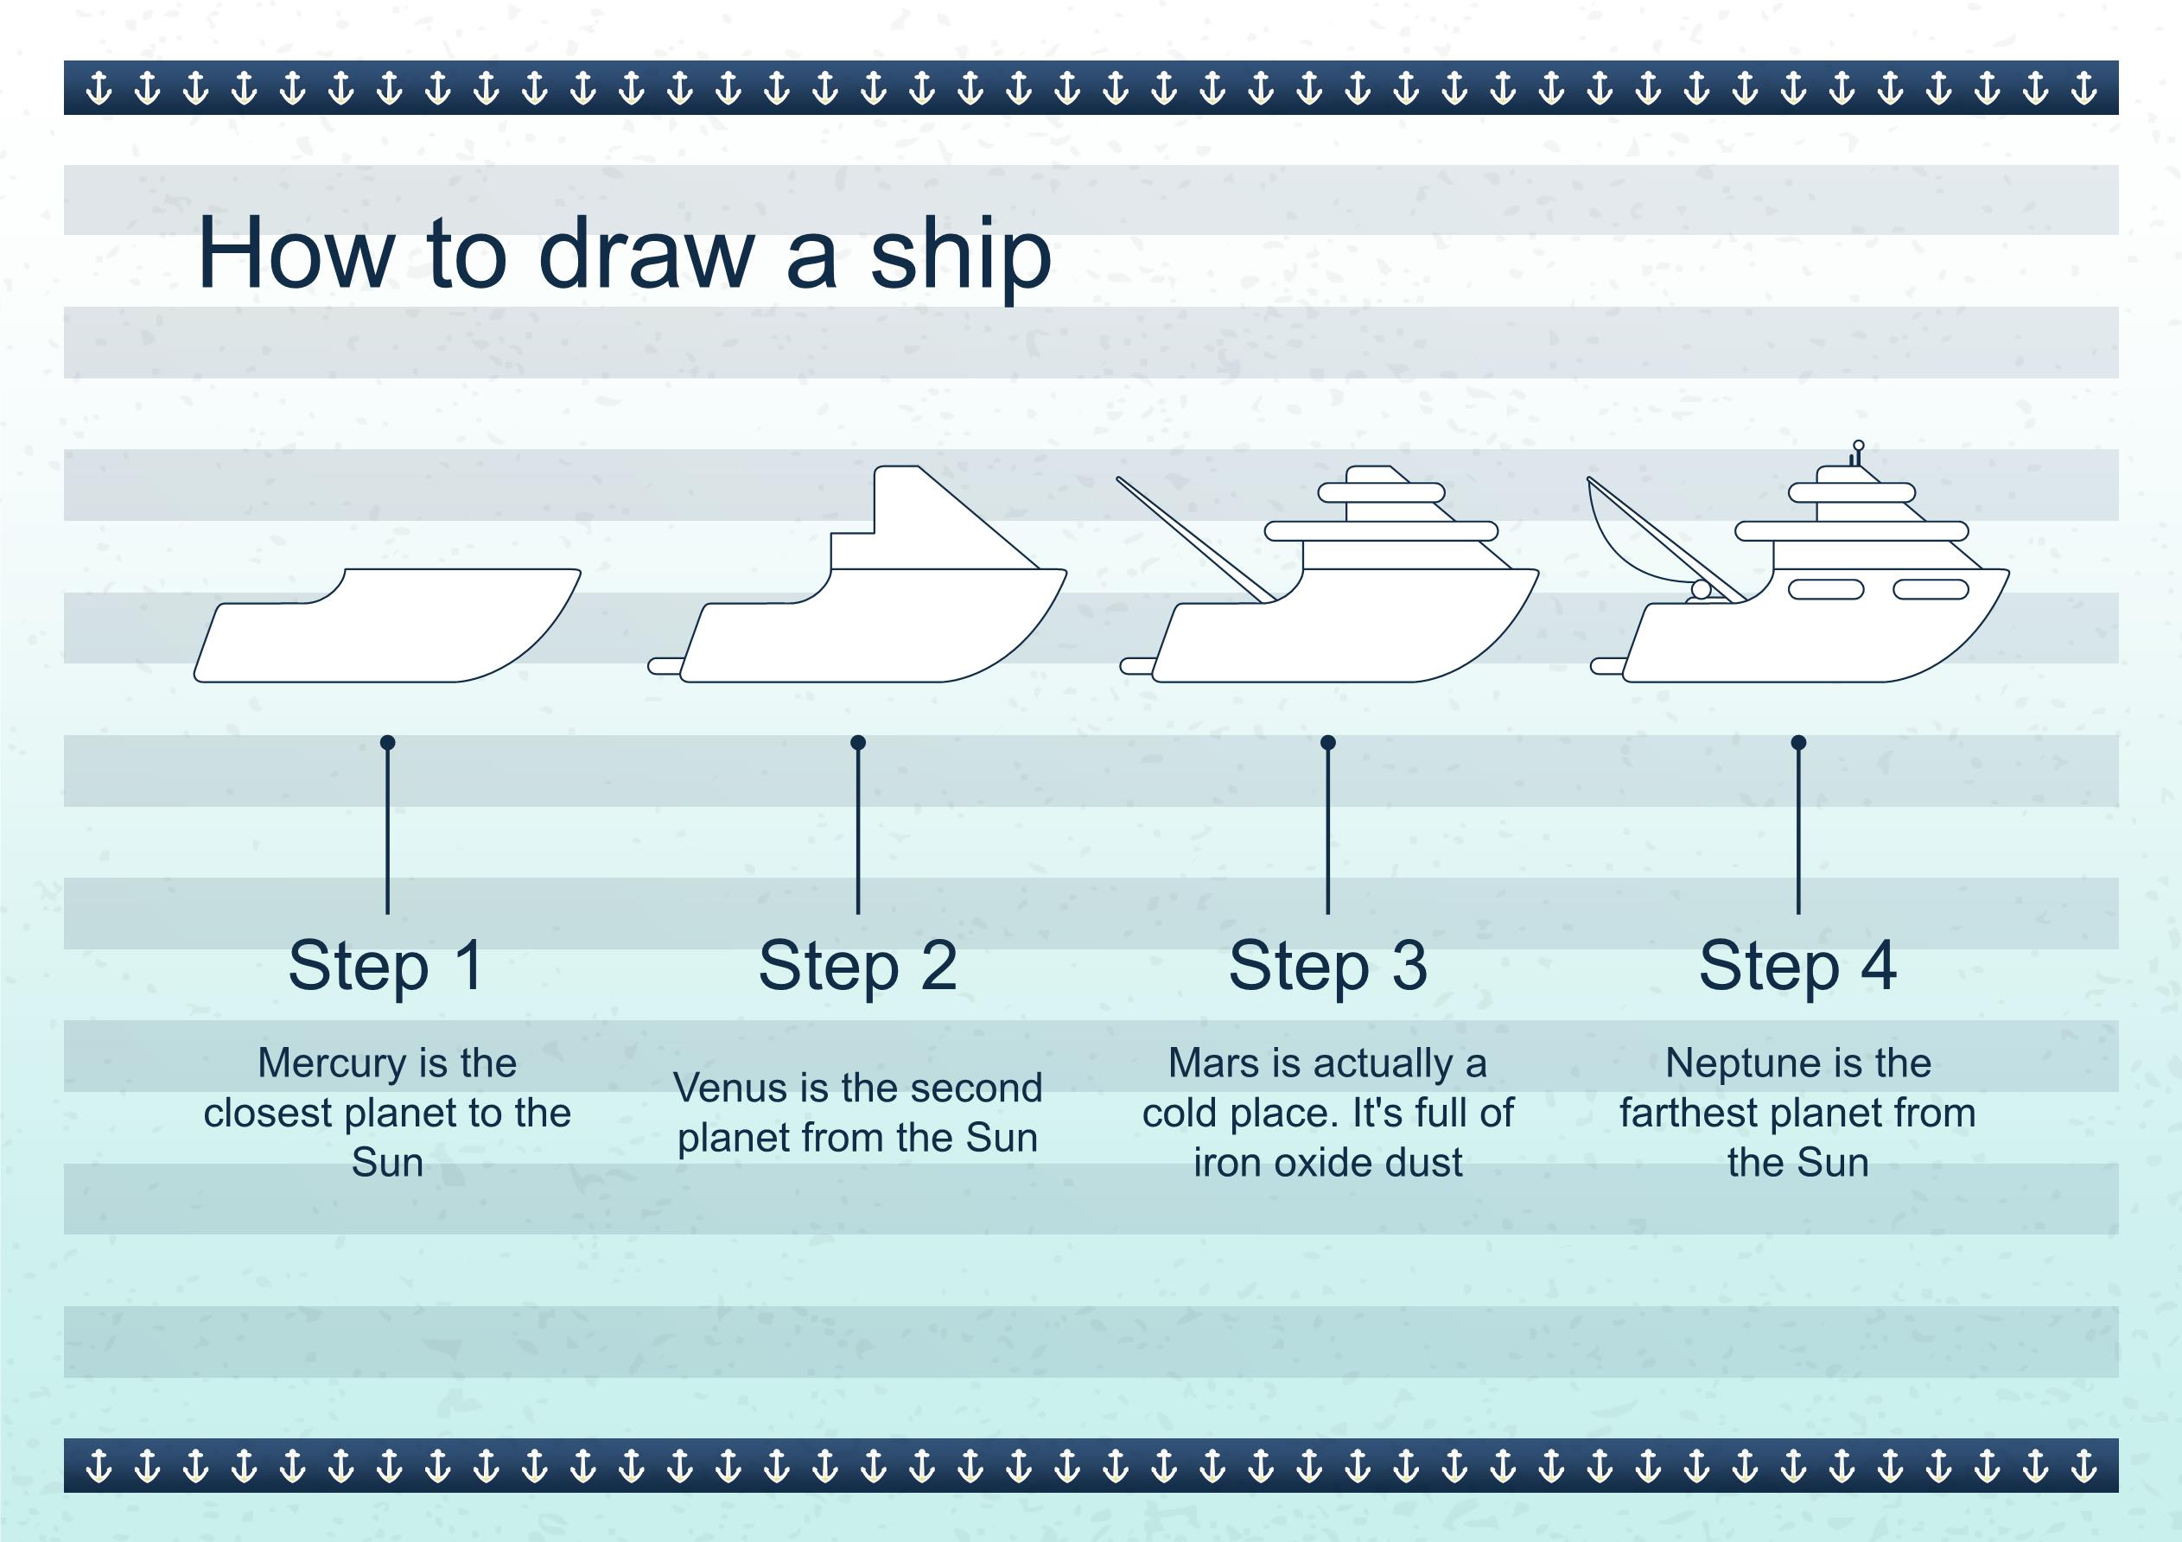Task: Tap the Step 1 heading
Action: [387, 967]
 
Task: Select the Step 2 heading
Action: [857, 967]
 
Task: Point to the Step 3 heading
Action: [1327, 967]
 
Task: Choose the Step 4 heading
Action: [1798, 967]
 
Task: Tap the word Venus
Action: [731, 1088]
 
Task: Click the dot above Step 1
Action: [387, 742]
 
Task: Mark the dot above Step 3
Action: [1327, 742]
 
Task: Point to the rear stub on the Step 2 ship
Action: [665, 666]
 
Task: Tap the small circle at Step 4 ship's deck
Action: [1700, 590]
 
